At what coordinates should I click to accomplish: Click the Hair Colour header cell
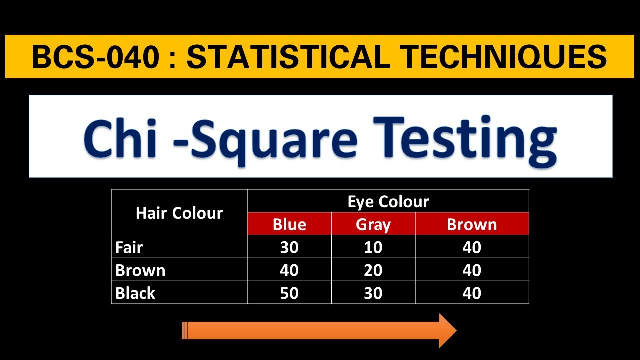point(179,213)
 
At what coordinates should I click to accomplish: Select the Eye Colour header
point(388,201)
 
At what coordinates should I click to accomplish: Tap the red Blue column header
point(289,224)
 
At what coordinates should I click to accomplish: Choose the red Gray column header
point(373,224)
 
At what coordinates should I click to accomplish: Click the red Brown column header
point(472,224)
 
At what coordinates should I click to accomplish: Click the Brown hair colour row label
point(140,270)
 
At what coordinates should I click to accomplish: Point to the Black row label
point(135,293)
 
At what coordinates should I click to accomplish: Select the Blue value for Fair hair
point(289,247)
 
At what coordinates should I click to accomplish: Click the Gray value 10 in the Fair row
point(373,247)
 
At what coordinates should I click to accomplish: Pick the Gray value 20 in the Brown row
point(373,270)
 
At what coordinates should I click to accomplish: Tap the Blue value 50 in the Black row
point(289,293)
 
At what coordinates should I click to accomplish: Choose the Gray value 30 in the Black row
point(373,293)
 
